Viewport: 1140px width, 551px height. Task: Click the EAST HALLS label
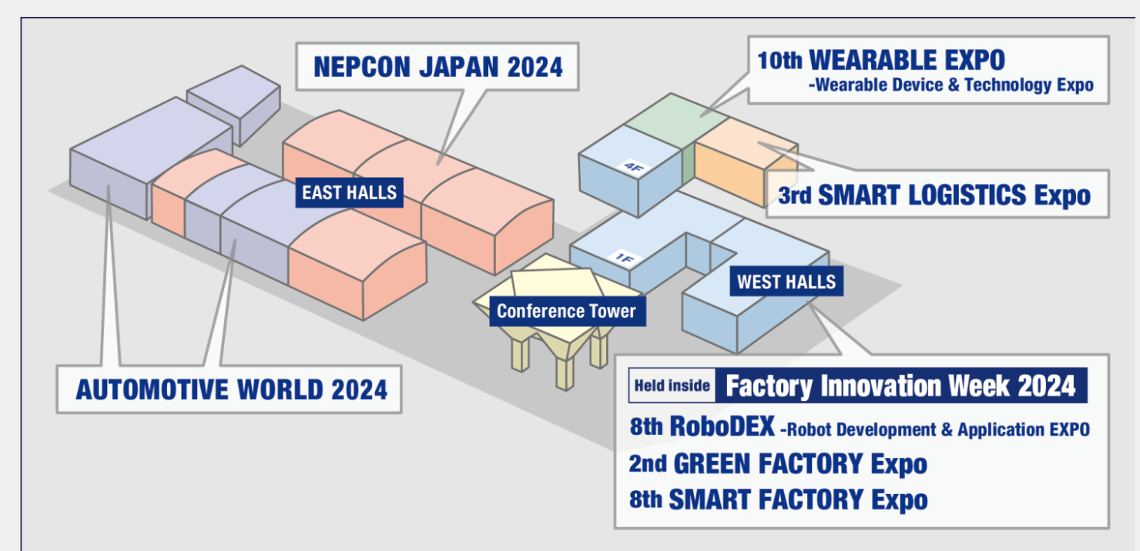pyautogui.click(x=349, y=192)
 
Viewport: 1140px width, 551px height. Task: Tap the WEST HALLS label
pyautogui.click(x=786, y=281)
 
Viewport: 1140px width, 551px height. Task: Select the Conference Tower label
pyautogui.click(x=567, y=311)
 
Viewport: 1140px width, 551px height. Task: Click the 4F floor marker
pyautogui.click(x=634, y=167)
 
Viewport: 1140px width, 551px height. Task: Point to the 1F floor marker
pyautogui.click(x=624, y=259)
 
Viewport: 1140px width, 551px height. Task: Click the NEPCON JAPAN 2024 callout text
pyautogui.click(x=438, y=67)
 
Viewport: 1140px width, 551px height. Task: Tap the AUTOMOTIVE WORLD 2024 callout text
pyautogui.click(x=232, y=390)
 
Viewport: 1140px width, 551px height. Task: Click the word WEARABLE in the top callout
pyautogui.click(x=907, y=61)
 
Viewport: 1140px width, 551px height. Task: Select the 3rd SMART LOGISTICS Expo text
pyautogui.click(x=934, y=195)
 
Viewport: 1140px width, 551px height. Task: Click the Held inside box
pyautogui.click(x=672, y=386)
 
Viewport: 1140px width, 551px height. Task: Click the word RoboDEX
pyautogui.click(x=723, y=426)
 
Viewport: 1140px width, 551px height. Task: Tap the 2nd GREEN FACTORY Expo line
pyautogui.click(x=778, y=464)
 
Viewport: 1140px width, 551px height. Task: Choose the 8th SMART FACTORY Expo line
pyautogui.click(x=778, y=499)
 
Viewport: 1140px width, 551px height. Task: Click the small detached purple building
pyautogui.click(x=234, y=103)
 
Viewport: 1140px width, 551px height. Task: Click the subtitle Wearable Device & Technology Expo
pyautogui.click(x=951, y=85)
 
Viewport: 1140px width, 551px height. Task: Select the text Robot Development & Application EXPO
pyautogui.click(x=935, y=430)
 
